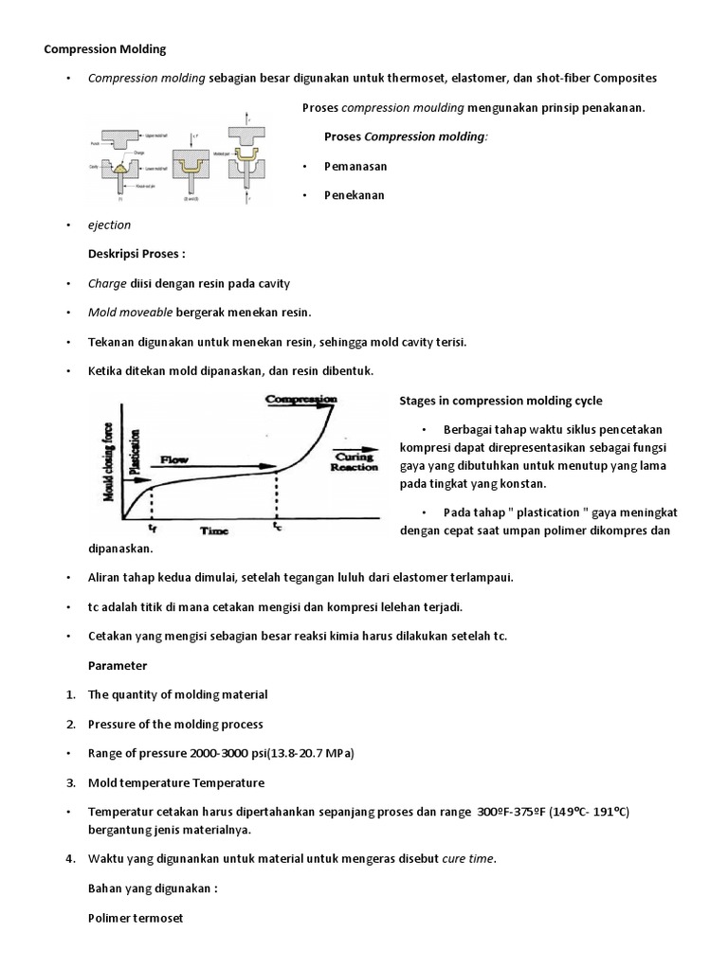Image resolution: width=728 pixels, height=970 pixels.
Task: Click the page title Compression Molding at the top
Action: tap(105, 48)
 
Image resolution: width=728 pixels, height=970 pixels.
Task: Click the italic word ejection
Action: tap(109, 225)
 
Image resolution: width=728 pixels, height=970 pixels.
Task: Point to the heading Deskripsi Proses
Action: tap(137, 256)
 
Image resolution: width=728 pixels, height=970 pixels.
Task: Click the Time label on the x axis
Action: tap(214, 531)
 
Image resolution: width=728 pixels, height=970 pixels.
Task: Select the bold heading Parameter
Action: tap(118, 665)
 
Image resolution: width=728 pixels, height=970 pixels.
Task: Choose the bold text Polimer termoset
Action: tap(135, 918)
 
